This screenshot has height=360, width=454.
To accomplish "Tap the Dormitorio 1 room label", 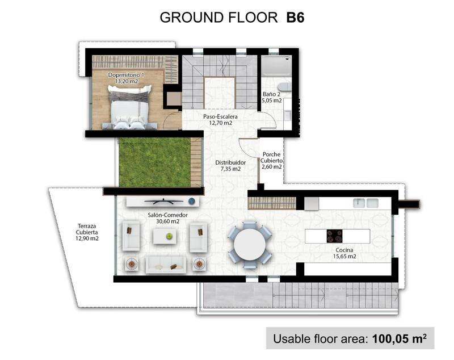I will tap(126, 78).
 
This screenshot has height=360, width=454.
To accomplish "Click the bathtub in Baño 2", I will tap(276, 66).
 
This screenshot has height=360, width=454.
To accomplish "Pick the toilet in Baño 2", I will tap(286, 87).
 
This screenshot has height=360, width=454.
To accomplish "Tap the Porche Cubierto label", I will tap(272, 161).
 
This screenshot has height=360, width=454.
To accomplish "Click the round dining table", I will tap(250, 245).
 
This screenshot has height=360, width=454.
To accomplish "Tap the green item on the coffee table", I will tap(169, 236).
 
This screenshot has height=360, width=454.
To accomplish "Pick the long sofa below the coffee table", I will tap(165, 263).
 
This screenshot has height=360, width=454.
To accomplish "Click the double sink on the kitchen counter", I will tap(366, 203).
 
